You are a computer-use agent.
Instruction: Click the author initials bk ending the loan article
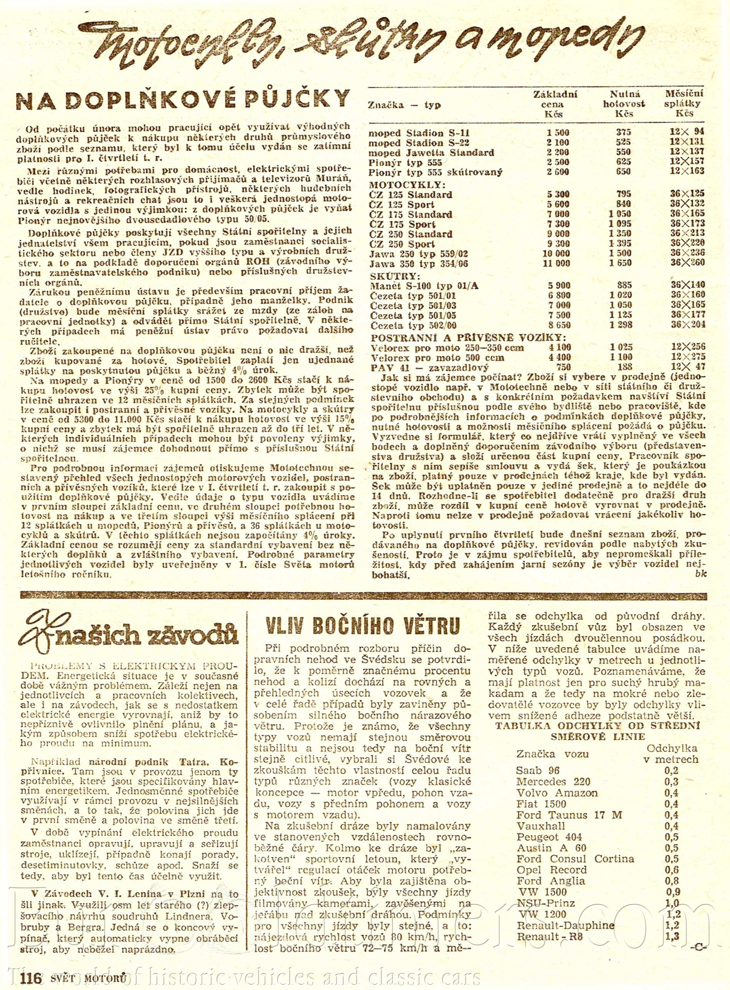tap(701, 573)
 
